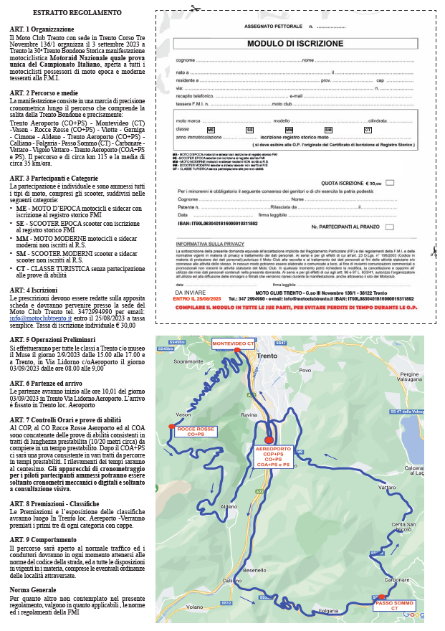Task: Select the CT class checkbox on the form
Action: coord(368,129)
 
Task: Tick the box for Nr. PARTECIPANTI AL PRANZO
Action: coord(390,227)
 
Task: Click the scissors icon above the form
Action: coord(193,8)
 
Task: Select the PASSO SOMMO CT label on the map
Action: coord(394,605)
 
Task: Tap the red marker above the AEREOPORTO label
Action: coord(269,440)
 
